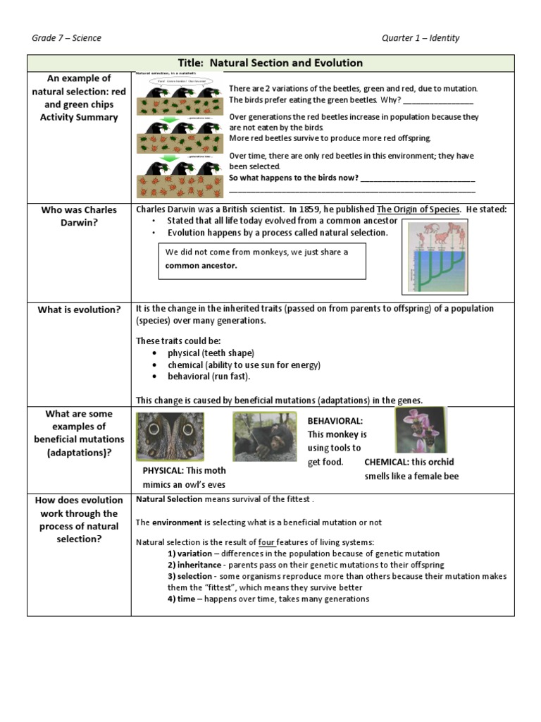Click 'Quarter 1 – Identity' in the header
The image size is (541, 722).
tap(421, 37)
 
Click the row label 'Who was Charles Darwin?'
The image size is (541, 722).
tap(79, 216)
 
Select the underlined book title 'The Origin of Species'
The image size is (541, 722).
tap(418, 209)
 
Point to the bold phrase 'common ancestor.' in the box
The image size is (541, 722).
tap(201, 266)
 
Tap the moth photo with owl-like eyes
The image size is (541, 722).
tap(170, 436)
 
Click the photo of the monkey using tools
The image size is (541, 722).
tap(265, 436)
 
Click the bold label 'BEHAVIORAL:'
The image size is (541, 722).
tap(335, 421)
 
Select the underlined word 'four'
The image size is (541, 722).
tap(266, 542)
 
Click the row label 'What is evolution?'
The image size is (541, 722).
tap(79, 310)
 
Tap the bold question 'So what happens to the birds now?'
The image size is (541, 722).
tap(293, 178)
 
